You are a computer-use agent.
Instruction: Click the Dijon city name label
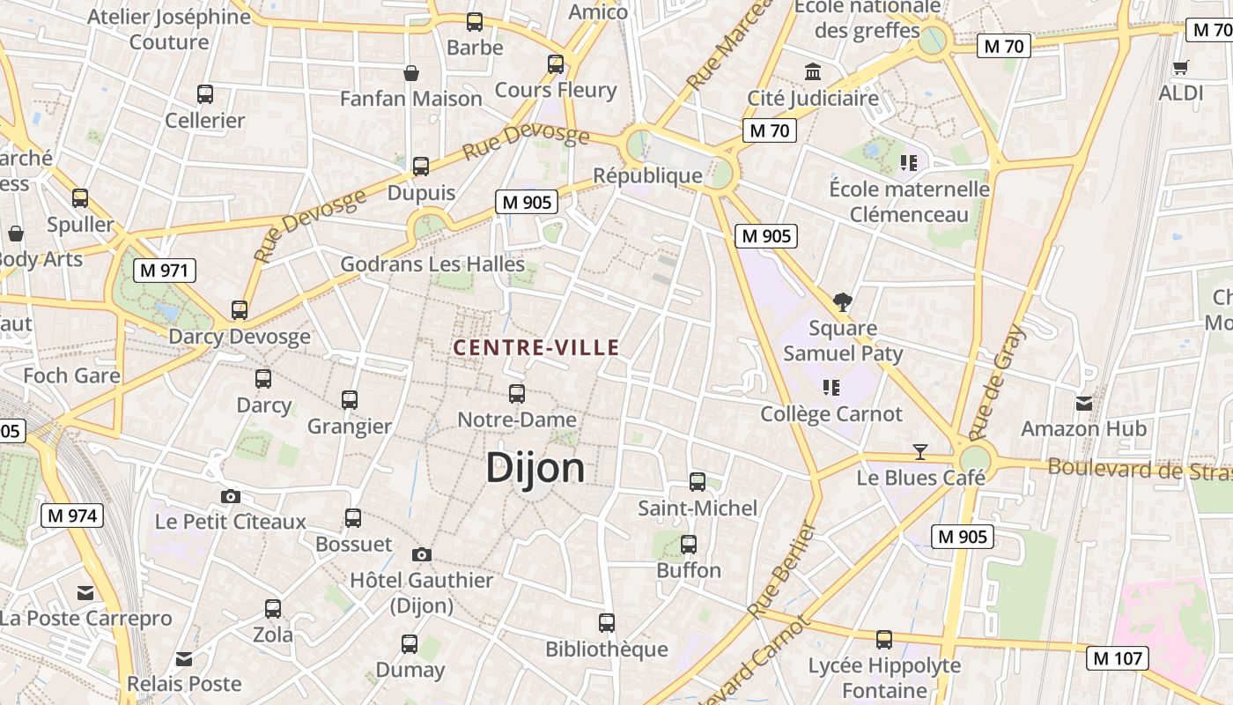pyautogui.click(x=535, y=468)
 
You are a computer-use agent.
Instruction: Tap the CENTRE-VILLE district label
pyautogui.click(x=536, y=348)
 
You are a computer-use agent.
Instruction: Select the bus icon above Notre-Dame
pyautogui.click(x=517, y=393)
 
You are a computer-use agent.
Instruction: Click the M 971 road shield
pyautogui.click(x=165, y=271)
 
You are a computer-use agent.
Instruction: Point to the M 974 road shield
pyautogui.click(x=72, y=516)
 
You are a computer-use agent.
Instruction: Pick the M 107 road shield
pyautogui.click(x=1117, y=657)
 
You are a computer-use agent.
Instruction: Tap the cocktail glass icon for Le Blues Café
pyautogui.click(x=920, y=452)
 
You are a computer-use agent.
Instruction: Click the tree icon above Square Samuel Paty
pyautogui.click(x=843, y=302)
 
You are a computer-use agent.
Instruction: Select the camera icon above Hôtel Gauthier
pyautogui.click(x=422, y=554)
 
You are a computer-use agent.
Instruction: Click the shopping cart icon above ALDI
pyautogui.click(x=1181, y=67)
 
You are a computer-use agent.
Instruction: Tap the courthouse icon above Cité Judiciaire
pyautogui.click(x=813, y=71)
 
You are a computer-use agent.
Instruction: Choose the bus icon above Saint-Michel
pyautogui.click(x=698, y=481)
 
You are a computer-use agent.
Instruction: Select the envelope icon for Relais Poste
pyautogui.click(x=184, y=658)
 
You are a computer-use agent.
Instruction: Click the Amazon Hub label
pyautogui.click(x=1083, y=429)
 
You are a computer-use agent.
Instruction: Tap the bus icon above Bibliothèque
pyautogui.click(x=607, y=623)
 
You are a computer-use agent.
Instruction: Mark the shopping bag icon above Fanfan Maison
pyautogui.click(x=410, y=72)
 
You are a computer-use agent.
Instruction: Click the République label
pyautogui.click(x=648, y=175)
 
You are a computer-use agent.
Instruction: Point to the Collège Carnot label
pyautogui.click(x=831, y=414)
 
